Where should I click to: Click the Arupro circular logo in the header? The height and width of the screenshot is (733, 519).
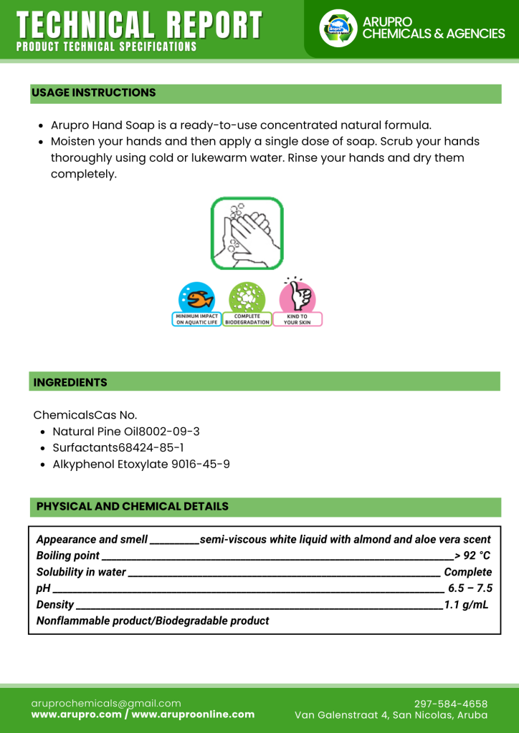(338, 29)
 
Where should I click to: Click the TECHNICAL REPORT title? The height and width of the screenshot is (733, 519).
(139, 25)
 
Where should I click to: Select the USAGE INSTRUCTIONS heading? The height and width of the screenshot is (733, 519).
(93, 93)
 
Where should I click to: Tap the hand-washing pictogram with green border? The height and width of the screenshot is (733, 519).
(247, 233)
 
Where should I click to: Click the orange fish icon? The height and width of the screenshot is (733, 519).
(196, 297)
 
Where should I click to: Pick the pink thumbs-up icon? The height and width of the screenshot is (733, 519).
(297, 296)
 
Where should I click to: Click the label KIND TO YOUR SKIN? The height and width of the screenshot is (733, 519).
(297, 319)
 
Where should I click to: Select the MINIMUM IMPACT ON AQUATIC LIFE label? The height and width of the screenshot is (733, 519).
(196, 319)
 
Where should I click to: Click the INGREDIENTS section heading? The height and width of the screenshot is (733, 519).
(70, 382)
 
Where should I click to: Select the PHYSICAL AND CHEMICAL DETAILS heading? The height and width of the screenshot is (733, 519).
(133, 507)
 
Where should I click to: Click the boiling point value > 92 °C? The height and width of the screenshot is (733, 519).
(472, 556)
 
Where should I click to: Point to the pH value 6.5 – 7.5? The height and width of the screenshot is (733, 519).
(470, 588)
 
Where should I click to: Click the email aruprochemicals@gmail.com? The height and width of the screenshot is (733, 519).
(106, 704)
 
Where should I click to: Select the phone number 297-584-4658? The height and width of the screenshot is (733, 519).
(451, 704)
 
